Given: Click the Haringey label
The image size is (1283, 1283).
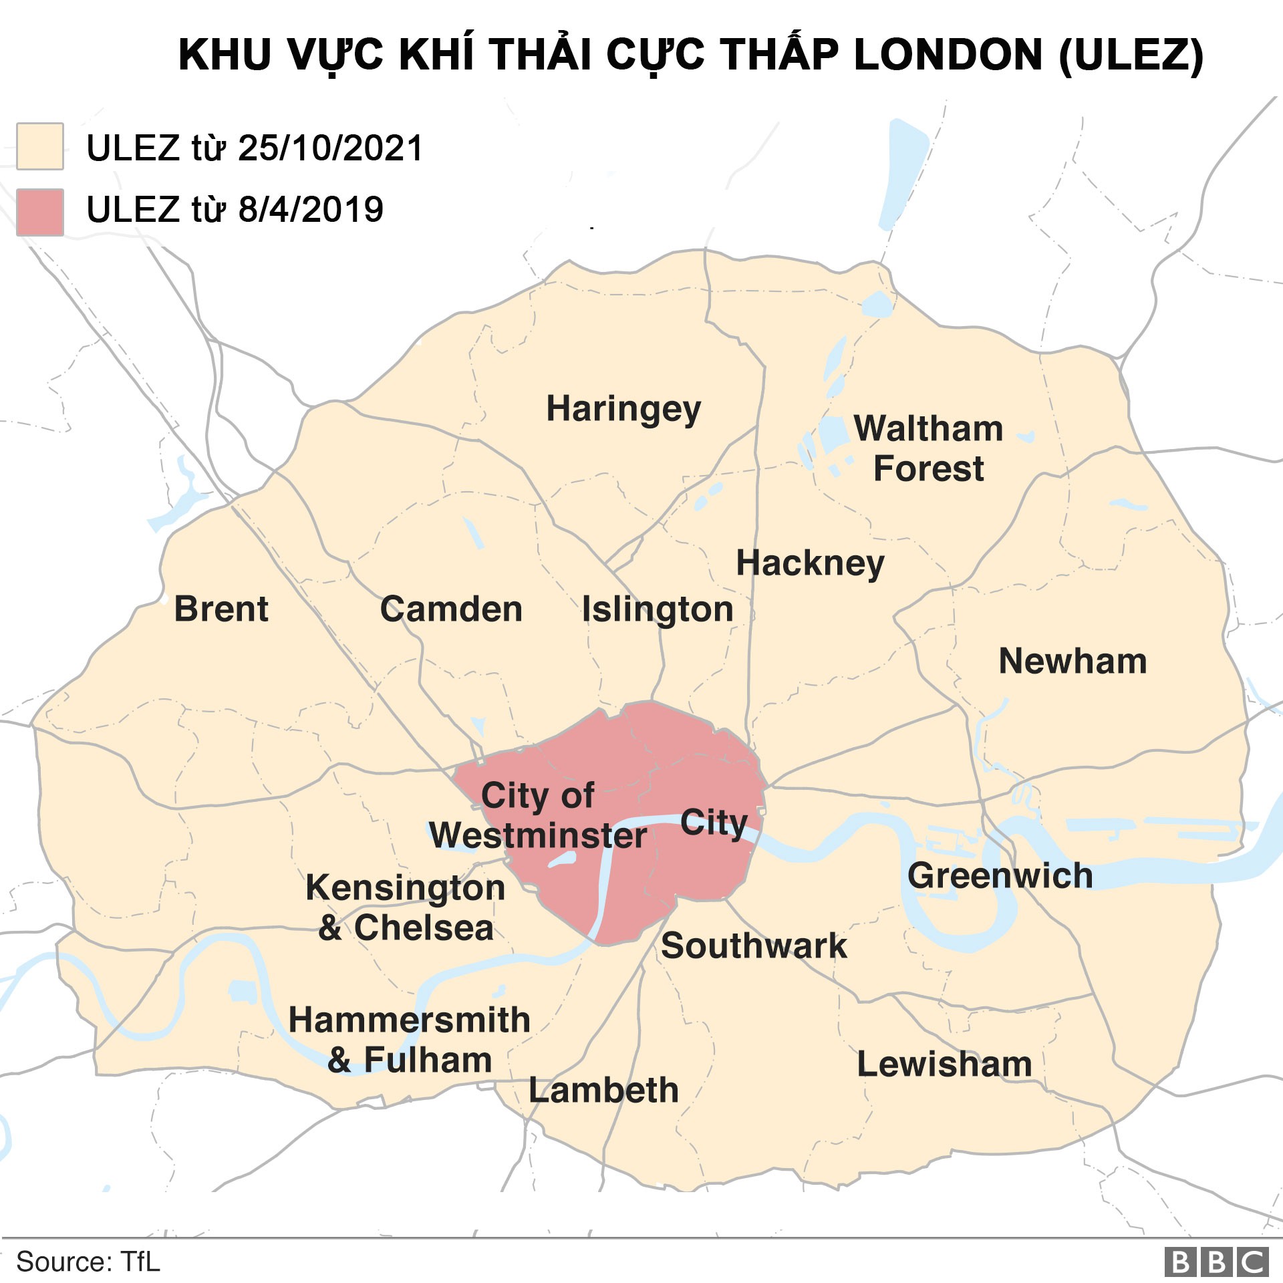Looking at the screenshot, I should pos(623,409).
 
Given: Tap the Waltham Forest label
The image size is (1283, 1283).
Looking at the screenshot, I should pos(928,448).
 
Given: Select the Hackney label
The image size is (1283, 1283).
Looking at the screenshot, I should pos(810,563).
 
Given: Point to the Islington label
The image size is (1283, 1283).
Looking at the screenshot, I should pos(658,609).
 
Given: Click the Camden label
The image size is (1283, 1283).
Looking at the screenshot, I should pos(451,609).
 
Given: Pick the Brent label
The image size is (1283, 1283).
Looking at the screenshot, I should pos(221,609).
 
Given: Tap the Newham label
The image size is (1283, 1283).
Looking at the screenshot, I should pos(1073,662).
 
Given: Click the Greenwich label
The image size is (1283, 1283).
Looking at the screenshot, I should pos(1000,876).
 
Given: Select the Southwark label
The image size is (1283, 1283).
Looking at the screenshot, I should pos(754,946).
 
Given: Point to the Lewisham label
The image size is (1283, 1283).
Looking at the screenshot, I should pos(944,1064).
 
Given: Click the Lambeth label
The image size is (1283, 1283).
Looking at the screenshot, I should pos(603,1091).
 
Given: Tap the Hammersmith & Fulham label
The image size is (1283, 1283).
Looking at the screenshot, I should pos(410,1040).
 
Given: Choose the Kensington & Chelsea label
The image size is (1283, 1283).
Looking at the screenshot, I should pos(406,907).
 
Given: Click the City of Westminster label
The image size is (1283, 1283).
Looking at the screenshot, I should pos(538,815).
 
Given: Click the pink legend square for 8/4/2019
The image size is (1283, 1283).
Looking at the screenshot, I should pos(40,212).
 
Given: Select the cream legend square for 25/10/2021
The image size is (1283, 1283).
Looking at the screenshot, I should pos(40,146).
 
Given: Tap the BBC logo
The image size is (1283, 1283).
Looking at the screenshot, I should pos(1216,1262).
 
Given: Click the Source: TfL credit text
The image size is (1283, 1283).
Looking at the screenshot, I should pos(88,1262).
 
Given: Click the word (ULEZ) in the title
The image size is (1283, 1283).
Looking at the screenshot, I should pos(1131,55).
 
